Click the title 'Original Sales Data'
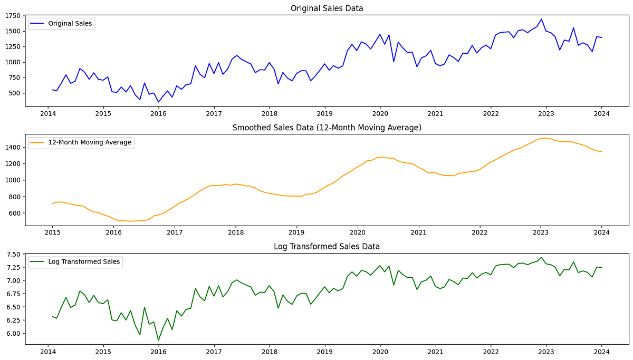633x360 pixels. (x=327, y=8)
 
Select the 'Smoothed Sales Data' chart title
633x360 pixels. (x=327, y=128)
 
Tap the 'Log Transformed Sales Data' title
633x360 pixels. (x=327, y=246)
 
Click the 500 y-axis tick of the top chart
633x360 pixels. (x=14, y=93)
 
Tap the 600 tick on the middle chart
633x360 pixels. (x=14, y=213)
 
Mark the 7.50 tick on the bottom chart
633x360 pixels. (x=13, y=255)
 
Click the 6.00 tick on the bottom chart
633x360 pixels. (x=13, y=334)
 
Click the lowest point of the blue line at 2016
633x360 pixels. (x=158, y=102)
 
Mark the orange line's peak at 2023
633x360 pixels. (x=543, y=138)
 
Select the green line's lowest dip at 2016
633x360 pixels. (x=158, y=340)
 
